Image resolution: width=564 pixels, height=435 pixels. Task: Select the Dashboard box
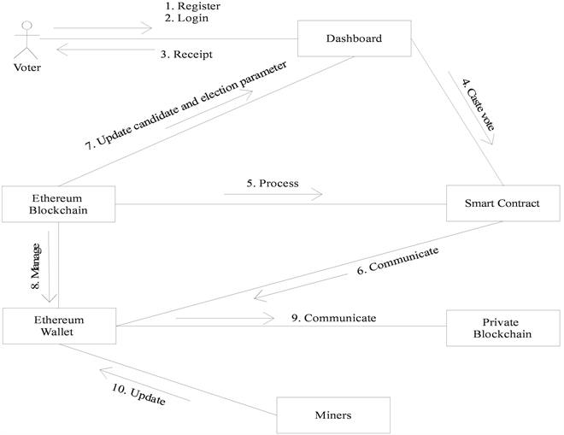coord(354,38)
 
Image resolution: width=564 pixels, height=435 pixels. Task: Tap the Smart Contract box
coord(502,203)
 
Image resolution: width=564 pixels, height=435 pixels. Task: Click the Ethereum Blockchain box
coord(58,204)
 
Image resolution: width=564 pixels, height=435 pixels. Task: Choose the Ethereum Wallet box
coord(58,326)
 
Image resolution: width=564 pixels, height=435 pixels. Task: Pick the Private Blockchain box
coord(502,326)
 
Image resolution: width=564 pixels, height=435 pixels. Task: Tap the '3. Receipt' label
coord(186,55)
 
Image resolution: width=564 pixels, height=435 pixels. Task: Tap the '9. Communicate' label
coord(332,318)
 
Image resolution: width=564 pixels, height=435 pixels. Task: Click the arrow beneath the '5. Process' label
coord(273,195)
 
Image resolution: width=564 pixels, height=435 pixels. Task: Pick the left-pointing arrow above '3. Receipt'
coord(103,50)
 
